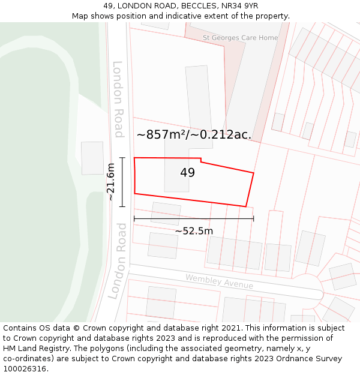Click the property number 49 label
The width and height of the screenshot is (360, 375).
pyautogui.click(x=187, y=173)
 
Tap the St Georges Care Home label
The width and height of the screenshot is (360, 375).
pyautogui.click(x=241, y=38)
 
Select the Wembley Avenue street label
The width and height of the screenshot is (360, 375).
pyautogui.click(x=219, y=281)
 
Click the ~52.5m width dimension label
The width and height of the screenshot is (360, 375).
pyautogui.click(x=194, y=231)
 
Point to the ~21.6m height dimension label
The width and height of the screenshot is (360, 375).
pyautogui.click(x=110, y=182)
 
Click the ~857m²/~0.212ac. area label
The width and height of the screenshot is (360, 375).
pyautogui.click(x=194, y=135)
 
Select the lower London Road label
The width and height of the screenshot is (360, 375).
pyautogui.click(x=118, y=261)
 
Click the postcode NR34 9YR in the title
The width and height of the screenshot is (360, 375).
pyautogui.click(x=238, y=6)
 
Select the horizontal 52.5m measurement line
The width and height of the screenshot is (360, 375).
pyautogui.click(x=194, y=219)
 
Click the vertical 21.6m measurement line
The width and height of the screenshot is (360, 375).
pyautogui.click(x=122, y=182)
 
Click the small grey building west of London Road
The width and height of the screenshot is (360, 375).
pyautogui.click(x=92, y=158)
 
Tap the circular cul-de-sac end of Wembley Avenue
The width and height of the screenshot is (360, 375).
pyautogui.click(x=307, y=286)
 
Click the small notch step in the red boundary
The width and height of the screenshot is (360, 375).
pyautogui.click(x=201, y=160)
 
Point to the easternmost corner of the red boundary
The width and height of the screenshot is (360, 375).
pyautogui.click(x=254, y=173)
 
